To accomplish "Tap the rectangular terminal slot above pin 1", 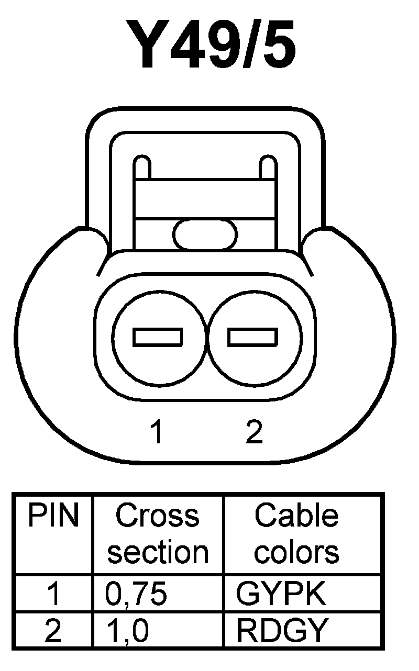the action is coord(158,337).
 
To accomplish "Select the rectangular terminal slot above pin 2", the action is coord(252,337).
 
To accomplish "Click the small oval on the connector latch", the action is coord(205,234).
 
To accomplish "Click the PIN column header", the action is coord(53,516).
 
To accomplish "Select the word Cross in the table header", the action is coord(158,516).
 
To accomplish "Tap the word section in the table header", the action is coord(158,552).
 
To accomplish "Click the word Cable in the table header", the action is coord(296,516).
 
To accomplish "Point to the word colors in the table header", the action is coord(296,552).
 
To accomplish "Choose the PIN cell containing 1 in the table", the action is coord(53,594).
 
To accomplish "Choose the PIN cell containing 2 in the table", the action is coord(53,630).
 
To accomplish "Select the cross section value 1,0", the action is coord(127,630).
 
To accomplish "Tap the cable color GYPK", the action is coord(281,594).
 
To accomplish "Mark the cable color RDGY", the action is coord(282,630).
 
